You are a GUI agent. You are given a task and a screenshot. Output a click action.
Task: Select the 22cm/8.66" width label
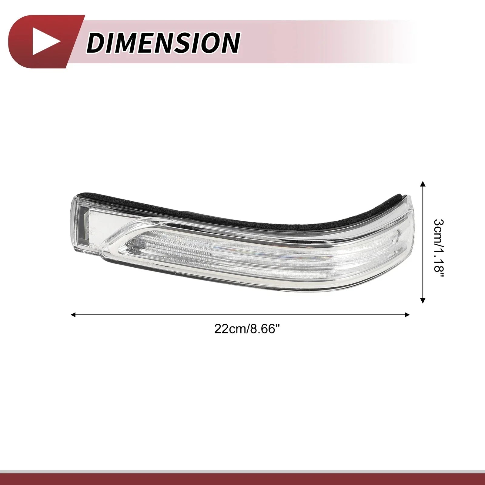(246, 329)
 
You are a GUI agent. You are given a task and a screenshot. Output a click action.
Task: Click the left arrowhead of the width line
(72, 315)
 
